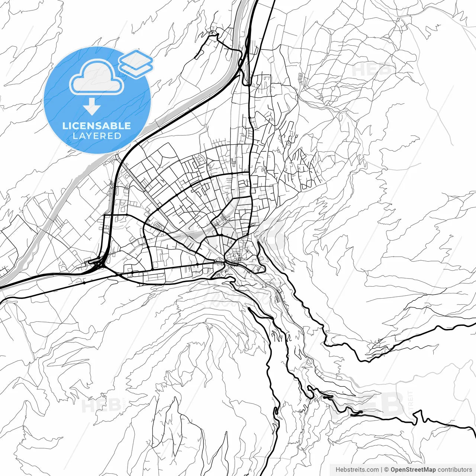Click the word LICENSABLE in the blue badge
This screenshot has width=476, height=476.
(x=97, y=126)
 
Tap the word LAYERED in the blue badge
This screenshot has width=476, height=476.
(x=97, y=136)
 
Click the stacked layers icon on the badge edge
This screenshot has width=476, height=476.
(x=136, y=63)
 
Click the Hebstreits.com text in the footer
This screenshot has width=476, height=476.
(x=357, y=470)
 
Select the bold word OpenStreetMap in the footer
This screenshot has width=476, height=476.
(x=413, y=470)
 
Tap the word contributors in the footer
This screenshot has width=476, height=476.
(x=454, y=470)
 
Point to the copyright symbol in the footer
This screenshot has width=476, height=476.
(x=386, y=470)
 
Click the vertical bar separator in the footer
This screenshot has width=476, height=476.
(x=382, y=470)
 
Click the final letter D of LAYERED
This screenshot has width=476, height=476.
(x=118, y=136)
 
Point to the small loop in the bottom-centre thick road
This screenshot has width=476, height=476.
(x=276, y=411)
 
